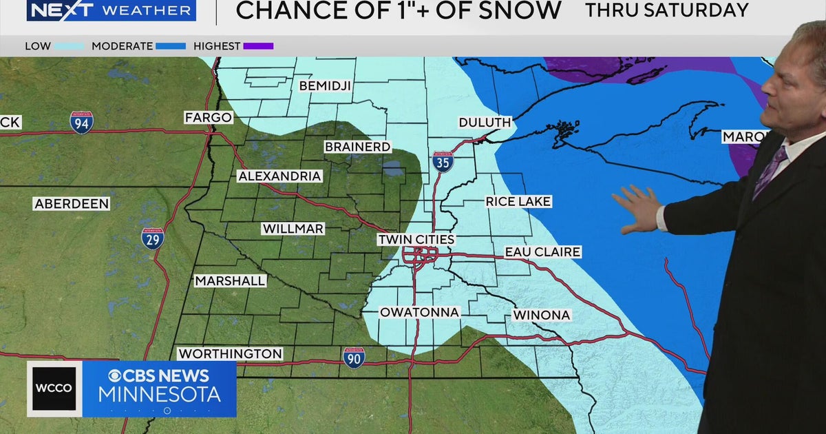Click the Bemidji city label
click(325, 86)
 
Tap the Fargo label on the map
click(208, 118)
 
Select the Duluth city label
click(485, 123)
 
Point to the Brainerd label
click(357, 147)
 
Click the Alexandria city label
click(279, 176)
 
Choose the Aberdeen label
click(72, 204)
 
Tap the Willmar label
click(293, 229)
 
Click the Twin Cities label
click(416, 240)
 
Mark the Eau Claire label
click(542, 252)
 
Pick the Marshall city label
click(230, 281)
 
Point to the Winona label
click(542, 315)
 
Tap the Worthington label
click(230, 353)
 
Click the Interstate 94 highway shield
click(81, 122)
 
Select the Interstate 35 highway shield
click(443, 163)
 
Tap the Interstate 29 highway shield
click(153, 238)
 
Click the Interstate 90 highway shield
click(354, 357)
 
